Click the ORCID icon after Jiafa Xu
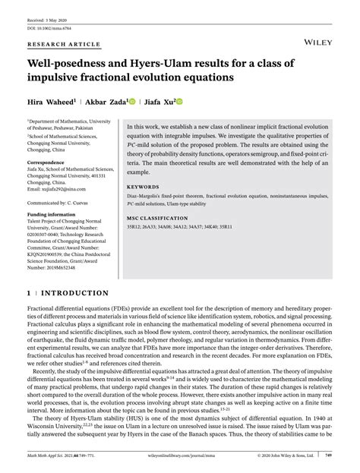click(x=180, y=100)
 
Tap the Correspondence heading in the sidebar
click(x=48, y=142)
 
